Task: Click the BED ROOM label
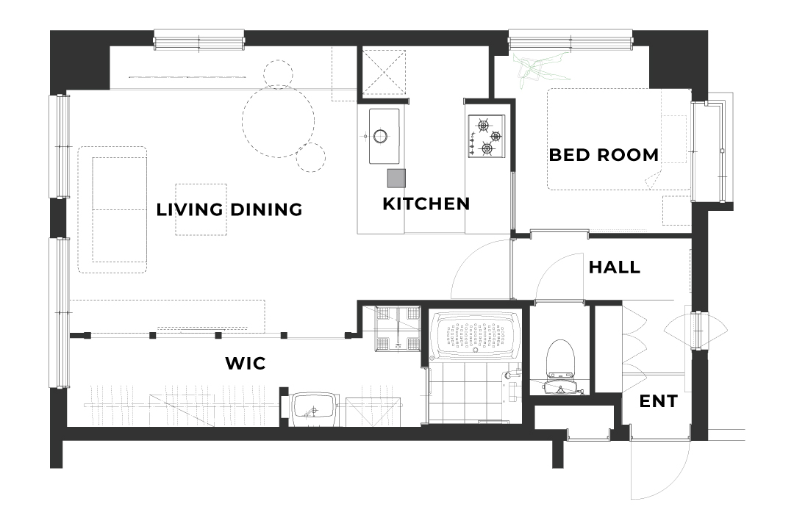pyautogui.click(x=604, y=155)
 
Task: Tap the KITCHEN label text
pyautogui.click(x=426, y=204)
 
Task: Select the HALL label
pyautogui.click(x=614, y=267)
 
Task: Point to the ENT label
pyautogui.click(x=658, y=401)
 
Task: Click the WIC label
pyautogui.click(x=245, y=363)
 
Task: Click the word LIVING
pyautogui.click(x=190, y=209)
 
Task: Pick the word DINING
pyautogui.click(x=266, y=209)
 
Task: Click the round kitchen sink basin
pyautogui.click(x=381, y=136)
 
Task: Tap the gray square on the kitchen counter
pyautogui.click(x=396, y=179)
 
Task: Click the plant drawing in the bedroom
pyautogui.click(x=540, y=68)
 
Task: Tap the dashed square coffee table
pyautogui.click(x=201, y=209)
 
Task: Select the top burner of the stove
pyautogui.click(x=482, y=124)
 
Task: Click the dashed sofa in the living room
pyautogui.click(x=112, y=209)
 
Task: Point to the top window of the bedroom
pyautogui.click(x=571, y=40)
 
